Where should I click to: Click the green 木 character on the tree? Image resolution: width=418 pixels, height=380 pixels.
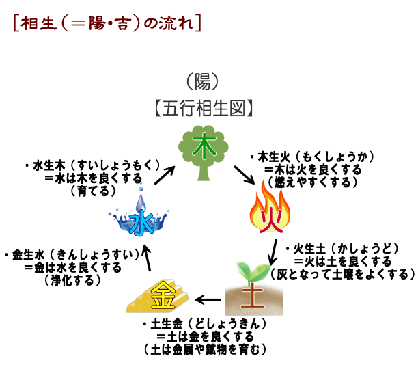(x=204, y=146)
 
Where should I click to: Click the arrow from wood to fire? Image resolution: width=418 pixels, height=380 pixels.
(x=244, y=175)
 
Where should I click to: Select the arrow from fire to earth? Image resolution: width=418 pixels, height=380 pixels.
(x=273, y=252)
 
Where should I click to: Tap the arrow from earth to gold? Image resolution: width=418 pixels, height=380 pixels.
(x=208, y=300)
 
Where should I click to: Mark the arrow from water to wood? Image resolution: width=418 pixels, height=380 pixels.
(x=165, y=175)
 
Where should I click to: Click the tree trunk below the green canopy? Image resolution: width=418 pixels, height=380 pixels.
(x=204, y=172)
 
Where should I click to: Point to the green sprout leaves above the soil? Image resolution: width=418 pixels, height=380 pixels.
(x=252, y=271)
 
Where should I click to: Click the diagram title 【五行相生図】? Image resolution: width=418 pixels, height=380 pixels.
(x=204, y=109)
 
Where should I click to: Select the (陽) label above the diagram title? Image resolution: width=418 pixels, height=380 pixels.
(x=203, y=82)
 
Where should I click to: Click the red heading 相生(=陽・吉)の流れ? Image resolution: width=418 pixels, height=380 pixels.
(x=107, y=23)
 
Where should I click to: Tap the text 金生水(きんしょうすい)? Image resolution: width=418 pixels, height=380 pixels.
(x=72, y=255)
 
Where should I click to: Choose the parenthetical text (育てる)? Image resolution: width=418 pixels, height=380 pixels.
(x=94, y=191)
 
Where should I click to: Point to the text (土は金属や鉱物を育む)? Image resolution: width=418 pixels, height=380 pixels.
(x=205, y=350)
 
